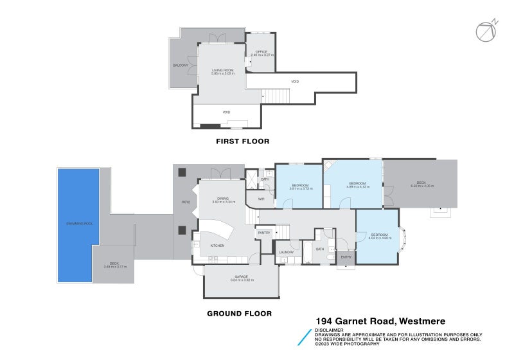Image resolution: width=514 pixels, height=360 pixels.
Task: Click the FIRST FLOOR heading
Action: [242, 141]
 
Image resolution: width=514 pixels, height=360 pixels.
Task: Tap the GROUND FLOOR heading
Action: [238, 314]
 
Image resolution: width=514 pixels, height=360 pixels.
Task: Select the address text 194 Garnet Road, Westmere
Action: [380, 321]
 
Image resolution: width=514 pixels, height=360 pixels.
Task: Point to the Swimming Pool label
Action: [78, 223]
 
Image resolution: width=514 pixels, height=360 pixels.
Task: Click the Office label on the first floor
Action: [261, 51]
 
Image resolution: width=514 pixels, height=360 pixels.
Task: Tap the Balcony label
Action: [181, 66]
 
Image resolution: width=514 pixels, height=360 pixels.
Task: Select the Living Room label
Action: [223, 70]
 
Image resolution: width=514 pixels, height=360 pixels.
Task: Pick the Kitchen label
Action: [217, 246]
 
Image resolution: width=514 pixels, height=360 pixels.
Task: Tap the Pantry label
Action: [264, 232]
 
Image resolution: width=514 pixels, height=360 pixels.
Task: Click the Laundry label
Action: [287, 252]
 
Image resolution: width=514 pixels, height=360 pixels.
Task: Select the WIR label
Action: [261, 199]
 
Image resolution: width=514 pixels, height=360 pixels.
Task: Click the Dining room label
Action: [223, 199]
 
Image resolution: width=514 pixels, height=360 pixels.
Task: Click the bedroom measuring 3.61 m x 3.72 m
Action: [299, 188]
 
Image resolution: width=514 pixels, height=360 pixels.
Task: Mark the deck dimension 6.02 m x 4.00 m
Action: [422, 186]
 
